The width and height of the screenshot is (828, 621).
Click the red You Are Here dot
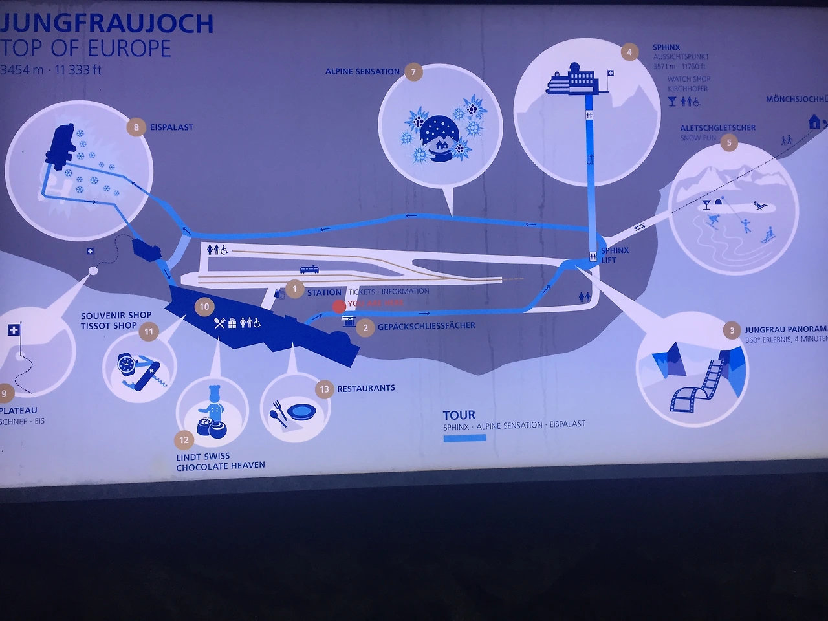pyautogui.click(x=339, y=306)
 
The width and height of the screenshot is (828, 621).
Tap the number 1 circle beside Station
pyautogui.click(x=294, y=289)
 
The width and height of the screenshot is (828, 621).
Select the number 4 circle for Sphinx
pyautogui.click(x=629, y=52)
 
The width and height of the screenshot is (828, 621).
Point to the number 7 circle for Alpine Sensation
pyautogui.click(x=413, y=72)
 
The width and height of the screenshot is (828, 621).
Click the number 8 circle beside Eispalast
pyautogui.click(x=136, y=127)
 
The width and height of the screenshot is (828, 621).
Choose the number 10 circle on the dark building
pyautogui.click(x=204, y=306)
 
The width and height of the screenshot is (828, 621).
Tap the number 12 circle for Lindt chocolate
pyautogui.click(x=184, y=440)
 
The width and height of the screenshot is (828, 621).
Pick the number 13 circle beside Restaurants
pyautogui.click(x=324, y=389)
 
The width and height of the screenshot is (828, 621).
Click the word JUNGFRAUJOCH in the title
pyautogui.click(x=107, y=23)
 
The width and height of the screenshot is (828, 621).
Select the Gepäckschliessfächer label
pyautogui.click(x=426, y=326)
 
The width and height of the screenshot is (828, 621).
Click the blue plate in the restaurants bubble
pyautogui.click(x=301, y=411)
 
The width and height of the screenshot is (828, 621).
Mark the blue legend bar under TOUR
pyautogui.click(x=464, y=438)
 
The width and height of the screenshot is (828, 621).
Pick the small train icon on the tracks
pyautogui.click(x=309, y=269)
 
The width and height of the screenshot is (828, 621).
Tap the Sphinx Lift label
pyautogui.click(x=614, y=255)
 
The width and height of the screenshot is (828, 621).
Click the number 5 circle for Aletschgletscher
pyautogui.click(x=729, y=142)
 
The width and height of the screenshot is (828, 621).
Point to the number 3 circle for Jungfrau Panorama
pyautogui.click(x=732, y=331)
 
